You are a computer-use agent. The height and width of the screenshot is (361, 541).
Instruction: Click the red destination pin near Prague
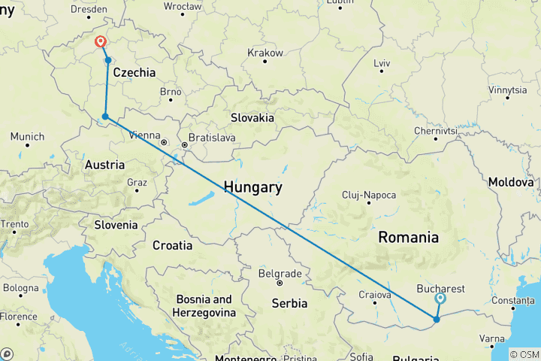coord(100,43)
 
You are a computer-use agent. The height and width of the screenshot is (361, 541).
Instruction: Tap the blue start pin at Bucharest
coord(440,299)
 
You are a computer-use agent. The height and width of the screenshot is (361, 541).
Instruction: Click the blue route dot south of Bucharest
coord(437,320)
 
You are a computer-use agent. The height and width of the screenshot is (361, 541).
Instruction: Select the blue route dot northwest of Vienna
coord(105,117)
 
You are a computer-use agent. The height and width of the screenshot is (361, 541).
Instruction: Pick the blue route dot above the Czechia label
coord(108,60)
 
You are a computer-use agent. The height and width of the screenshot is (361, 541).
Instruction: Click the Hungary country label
coord(252,187)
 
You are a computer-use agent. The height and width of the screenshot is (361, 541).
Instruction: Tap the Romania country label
coord(408,237)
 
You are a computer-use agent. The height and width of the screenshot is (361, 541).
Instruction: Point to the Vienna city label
coord(144,135)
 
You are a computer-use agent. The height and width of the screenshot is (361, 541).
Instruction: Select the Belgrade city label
coord(280,274)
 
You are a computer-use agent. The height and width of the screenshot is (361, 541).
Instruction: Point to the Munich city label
coord(27,137)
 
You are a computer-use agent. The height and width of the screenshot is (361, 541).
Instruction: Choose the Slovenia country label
coord(116,224)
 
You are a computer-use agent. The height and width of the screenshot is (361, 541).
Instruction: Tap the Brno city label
coord(171,92)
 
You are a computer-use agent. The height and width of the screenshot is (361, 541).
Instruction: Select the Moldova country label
coord(510,182)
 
